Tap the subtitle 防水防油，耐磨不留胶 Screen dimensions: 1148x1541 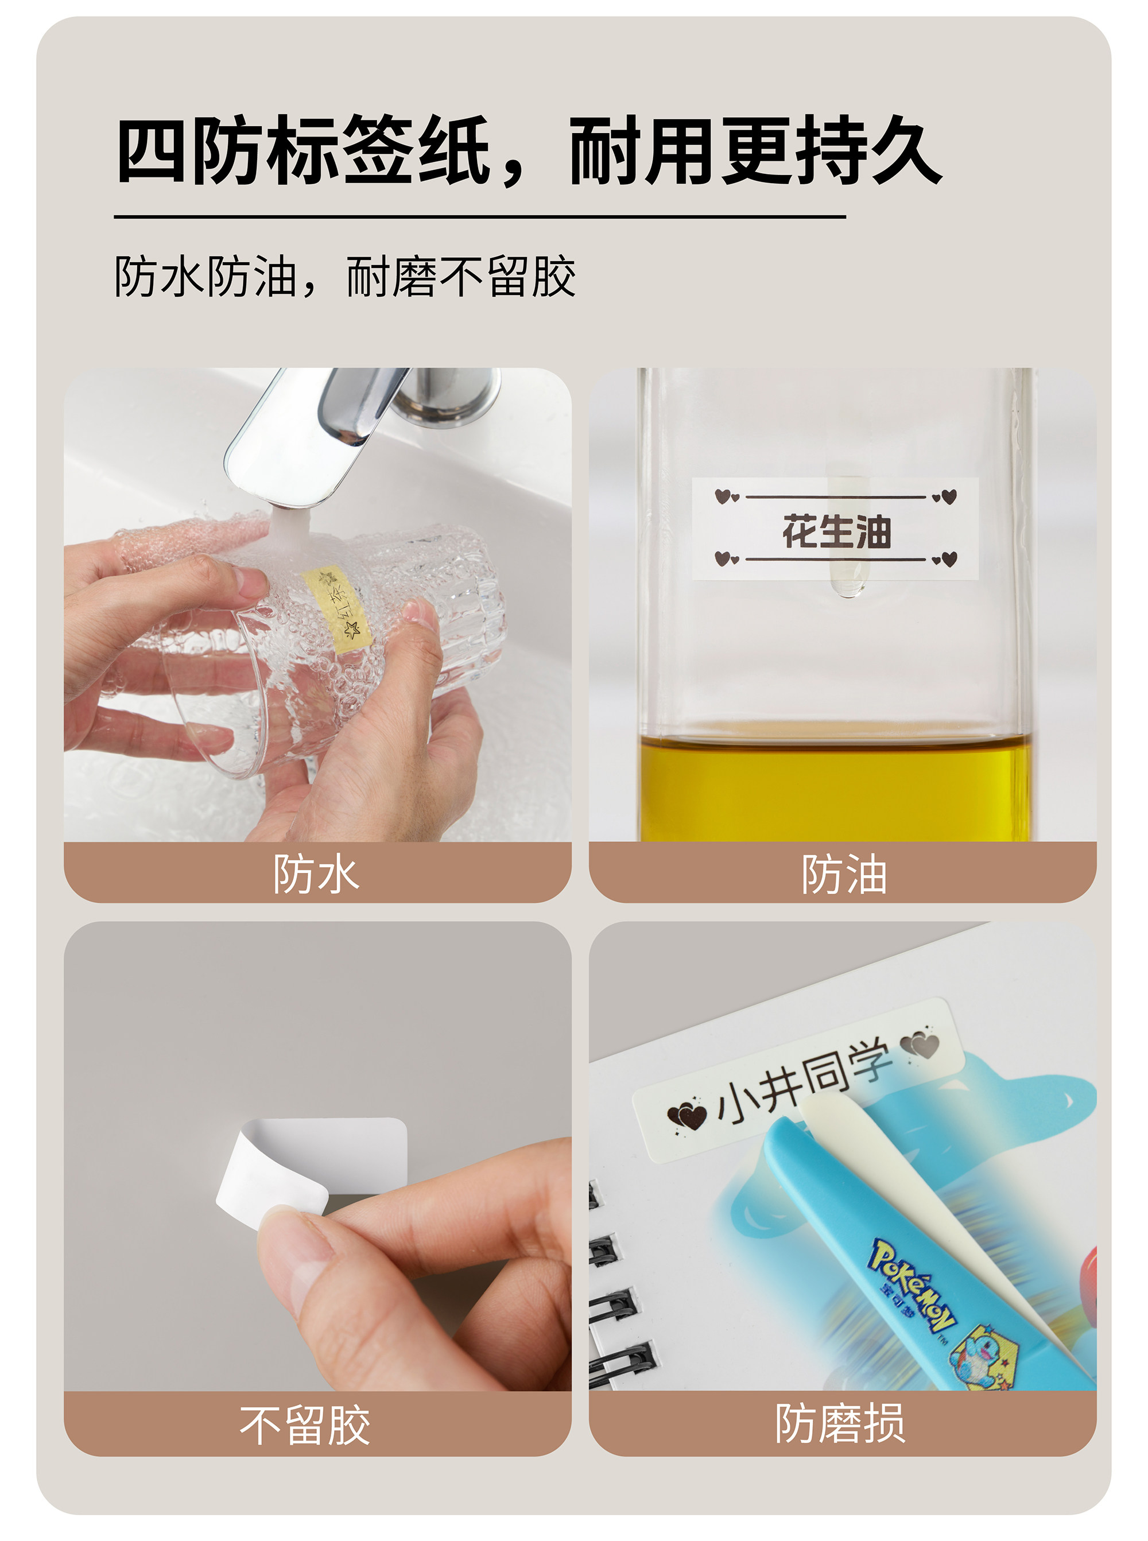point(344,277)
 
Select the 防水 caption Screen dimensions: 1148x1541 point(316,874)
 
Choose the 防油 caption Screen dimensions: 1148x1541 point(844,874)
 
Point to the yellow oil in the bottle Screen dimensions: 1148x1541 point(835,789)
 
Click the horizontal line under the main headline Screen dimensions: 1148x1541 point(479,217)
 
